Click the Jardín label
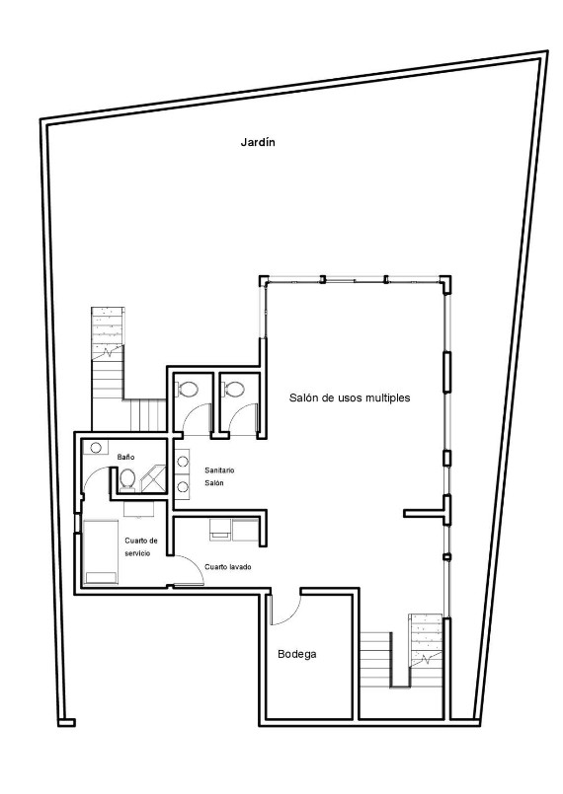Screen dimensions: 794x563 pos(258,142)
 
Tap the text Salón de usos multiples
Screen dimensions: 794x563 pos(350,398)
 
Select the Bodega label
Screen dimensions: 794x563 pos(296,654)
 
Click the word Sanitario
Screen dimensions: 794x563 pos(219,470)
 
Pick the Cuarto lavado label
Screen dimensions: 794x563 pos(229,567)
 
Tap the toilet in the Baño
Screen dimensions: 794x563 pos(127,479)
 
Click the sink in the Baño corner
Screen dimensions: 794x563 pos(95,447)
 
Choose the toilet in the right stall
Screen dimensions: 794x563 pos(235,388)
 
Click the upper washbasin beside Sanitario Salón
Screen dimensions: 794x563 pos(183,461)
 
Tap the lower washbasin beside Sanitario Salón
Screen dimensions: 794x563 pos(183,486)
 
